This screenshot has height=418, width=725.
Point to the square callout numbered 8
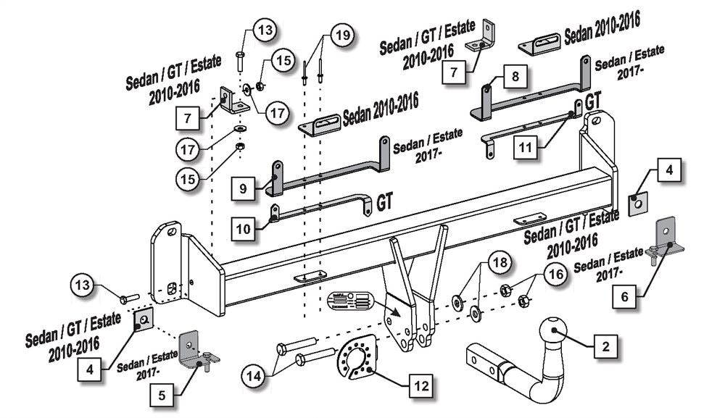click(515, 75)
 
